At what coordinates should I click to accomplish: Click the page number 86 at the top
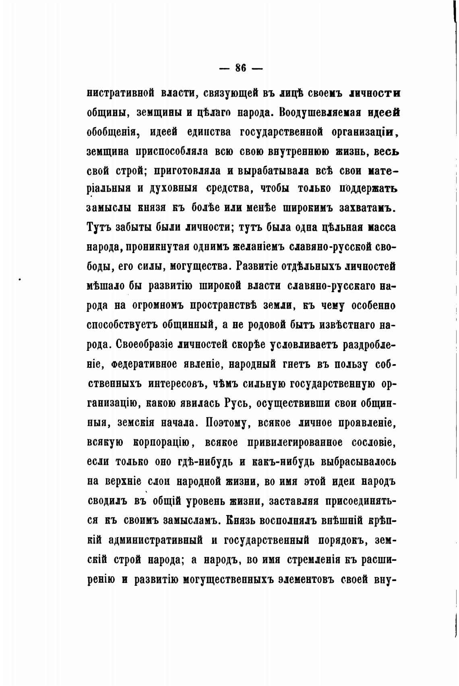pos(240,68)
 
